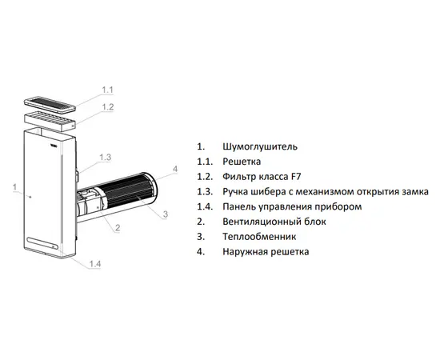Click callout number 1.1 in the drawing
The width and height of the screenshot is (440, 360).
107,90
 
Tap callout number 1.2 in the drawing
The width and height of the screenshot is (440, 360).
108,107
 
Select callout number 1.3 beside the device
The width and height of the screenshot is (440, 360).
106,158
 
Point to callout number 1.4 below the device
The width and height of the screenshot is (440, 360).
95,264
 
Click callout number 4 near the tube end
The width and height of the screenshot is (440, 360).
175,169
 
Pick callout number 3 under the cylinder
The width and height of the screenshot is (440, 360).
166,214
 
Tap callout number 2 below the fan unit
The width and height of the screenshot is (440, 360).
118,227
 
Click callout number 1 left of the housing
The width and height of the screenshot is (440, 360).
15,187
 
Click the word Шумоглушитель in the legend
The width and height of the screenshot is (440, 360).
260,146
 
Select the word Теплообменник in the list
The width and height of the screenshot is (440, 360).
259,237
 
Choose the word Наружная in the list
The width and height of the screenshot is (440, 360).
245,252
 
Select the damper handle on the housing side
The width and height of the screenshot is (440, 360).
77,176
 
